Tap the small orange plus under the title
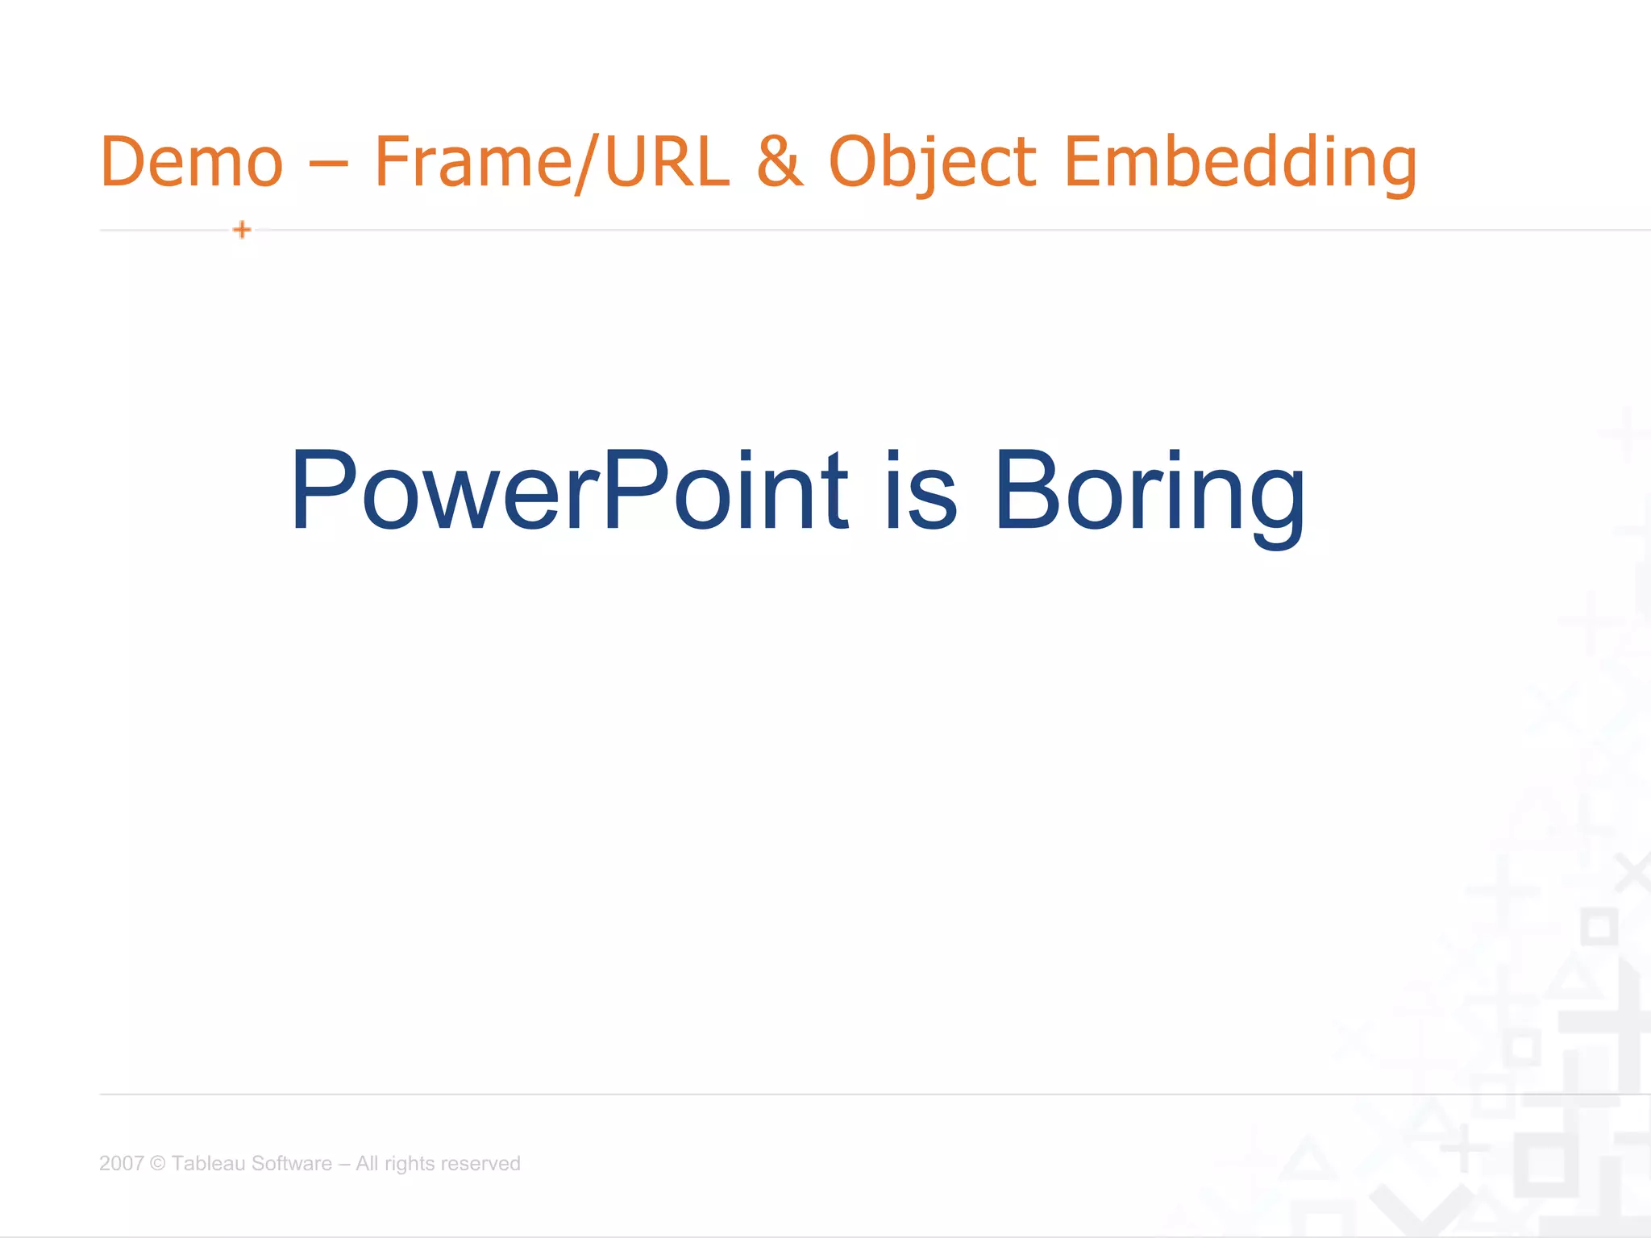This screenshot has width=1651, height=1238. coord(242,231)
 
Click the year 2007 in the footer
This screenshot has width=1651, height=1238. coord(121,1163)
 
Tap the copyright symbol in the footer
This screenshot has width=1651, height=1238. coord(158,1163)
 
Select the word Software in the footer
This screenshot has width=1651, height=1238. coord(292,1163)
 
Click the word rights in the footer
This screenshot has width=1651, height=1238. coord(410,1163)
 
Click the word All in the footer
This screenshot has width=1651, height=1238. coord(367,1163)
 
